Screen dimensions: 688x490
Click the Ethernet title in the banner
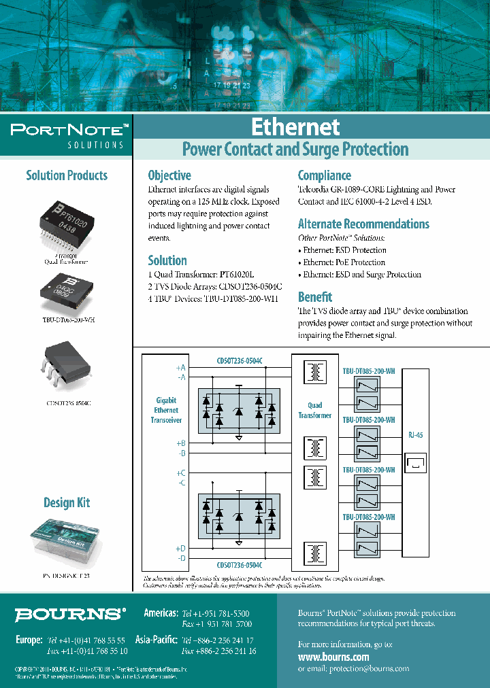coord(295,127)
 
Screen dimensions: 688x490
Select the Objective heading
coord(169,175)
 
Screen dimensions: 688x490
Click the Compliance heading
coord(325,175)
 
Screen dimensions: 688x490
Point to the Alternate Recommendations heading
coord(363,224)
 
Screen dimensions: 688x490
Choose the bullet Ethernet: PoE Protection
coord(344,262)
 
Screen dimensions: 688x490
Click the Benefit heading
coord(315,296)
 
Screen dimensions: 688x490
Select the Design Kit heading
coord(67,503)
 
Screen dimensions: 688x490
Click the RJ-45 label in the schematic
coord(415,435)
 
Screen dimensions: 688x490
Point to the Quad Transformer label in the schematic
coord(314,410)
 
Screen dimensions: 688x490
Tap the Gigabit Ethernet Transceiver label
coord(166,411)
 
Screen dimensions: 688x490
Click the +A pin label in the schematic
coord(180,368)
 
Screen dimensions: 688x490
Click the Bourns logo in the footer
coord(70,615)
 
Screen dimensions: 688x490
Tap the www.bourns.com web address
coord(333,657)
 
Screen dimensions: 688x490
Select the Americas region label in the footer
coord(161,613)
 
